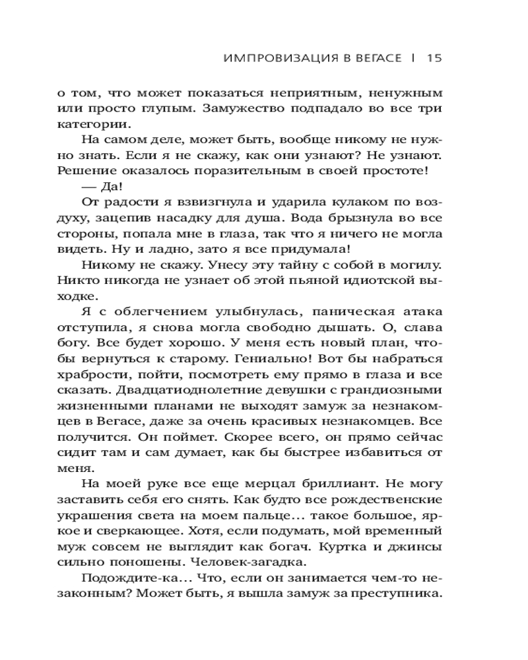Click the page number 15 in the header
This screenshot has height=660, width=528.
pyautogui.click(x=434, y=57)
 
